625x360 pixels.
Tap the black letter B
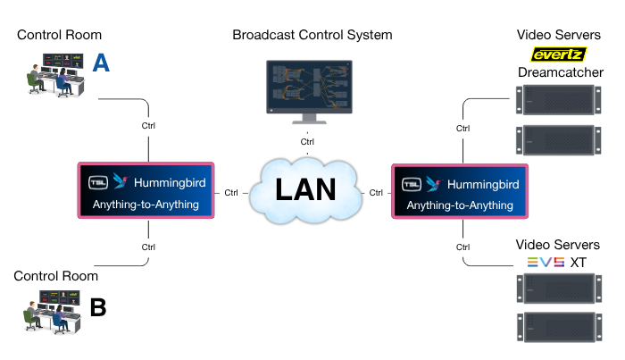click(98, 307)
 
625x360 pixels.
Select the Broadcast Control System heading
click(312, 36)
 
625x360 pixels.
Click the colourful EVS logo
click(546, 262)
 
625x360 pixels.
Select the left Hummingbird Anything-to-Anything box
click(146, 191)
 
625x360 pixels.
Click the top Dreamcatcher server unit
click(558, 99)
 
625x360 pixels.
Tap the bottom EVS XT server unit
click(558, 328)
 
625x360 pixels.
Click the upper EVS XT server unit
click(558, 289)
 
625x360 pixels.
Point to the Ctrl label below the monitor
click(307, 142)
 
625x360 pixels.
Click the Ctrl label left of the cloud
click(231, 192)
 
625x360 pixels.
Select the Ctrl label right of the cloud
click(377, 192)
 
